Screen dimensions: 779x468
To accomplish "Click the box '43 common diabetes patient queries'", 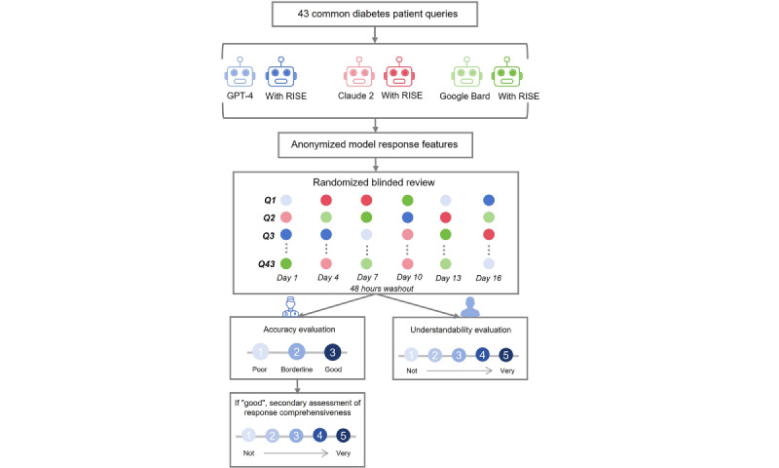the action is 375,14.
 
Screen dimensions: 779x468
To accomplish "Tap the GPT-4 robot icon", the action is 240,72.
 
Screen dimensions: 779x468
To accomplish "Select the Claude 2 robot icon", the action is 358,72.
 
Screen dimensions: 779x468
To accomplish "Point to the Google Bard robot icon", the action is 466,72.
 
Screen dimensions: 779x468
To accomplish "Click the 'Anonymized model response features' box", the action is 375,144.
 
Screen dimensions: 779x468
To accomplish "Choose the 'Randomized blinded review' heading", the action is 374,182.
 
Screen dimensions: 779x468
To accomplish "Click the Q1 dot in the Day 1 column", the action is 286,201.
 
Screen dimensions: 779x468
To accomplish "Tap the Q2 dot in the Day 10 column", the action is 407,217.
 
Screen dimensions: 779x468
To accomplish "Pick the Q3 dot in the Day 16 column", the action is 489,234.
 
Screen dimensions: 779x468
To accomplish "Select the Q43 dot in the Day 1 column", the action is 286,263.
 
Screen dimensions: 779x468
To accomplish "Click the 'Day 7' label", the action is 368,277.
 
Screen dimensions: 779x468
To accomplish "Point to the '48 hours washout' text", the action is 382,289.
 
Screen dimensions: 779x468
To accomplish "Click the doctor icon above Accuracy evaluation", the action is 290,306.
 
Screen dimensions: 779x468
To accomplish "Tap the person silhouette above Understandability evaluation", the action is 470,307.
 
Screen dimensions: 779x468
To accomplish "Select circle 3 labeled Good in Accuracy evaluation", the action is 332,353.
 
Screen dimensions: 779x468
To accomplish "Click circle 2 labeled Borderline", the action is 297,353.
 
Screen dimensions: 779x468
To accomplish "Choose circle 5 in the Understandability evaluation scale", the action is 505,355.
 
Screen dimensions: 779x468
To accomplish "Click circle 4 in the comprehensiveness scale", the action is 319,436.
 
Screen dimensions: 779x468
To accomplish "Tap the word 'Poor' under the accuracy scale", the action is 259,370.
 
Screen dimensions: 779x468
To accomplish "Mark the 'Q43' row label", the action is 266,264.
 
